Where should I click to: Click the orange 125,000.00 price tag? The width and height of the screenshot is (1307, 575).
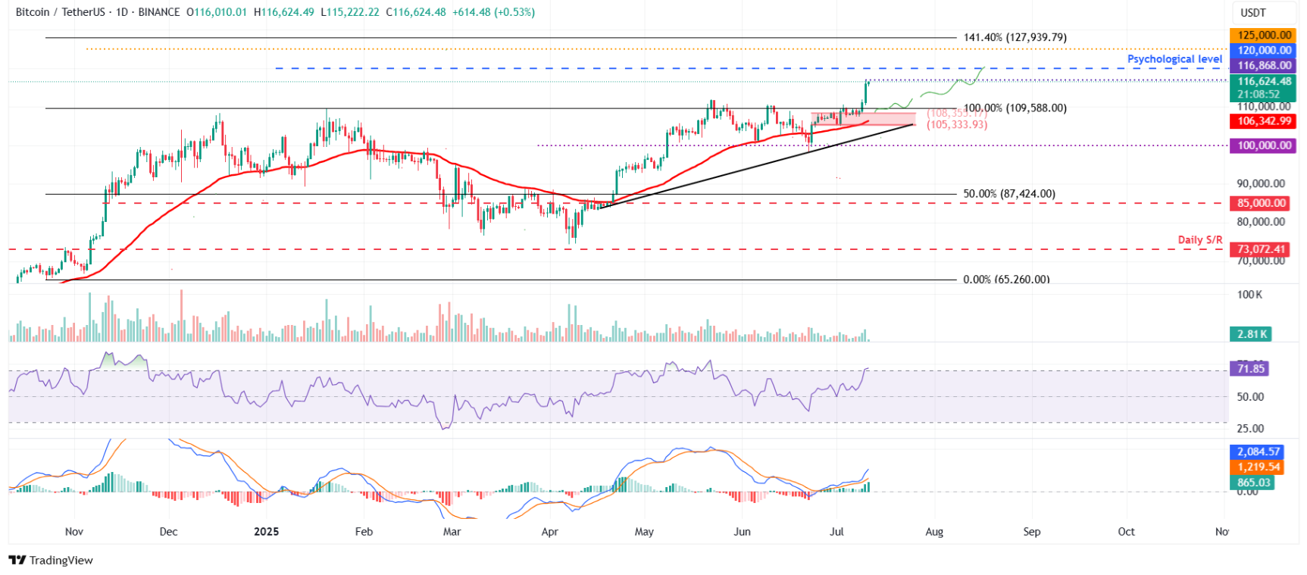[x=1264, y=35]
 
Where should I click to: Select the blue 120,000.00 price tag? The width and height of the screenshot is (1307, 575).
[x=1264, y=50]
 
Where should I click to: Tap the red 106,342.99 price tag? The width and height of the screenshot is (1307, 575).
[x=1264, y=121]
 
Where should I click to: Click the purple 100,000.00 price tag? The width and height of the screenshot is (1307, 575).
[x=1264, y=145]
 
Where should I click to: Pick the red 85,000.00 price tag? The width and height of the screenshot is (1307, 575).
[x=1262, y=203]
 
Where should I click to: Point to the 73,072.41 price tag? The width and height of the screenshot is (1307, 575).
[x=1262, y=249]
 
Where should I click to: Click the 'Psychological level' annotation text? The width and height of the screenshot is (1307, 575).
[x=1174, y=59]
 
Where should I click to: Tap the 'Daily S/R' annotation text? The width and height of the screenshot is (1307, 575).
[x=1199, y=239]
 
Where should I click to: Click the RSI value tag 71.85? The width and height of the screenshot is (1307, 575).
[x=1251, y=369]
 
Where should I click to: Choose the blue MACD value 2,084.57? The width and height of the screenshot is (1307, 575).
[x=1259, y=452]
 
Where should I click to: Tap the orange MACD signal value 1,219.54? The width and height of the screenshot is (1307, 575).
[x=1259, y=467]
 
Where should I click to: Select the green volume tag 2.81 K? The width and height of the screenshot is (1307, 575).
[x=1251, y=334]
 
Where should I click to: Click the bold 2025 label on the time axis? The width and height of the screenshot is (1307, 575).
[x=266, y=532]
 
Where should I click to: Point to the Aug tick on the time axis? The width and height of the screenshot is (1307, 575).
[x=934, y=532]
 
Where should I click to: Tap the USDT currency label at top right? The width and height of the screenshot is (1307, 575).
[x=1253, y=13]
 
